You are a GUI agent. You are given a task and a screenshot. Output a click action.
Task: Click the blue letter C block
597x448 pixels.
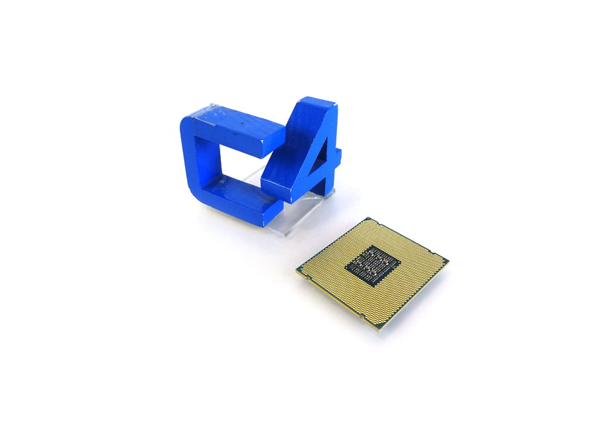[x=199, y=159]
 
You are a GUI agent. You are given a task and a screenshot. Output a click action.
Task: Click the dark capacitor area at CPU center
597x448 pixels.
[x=372, y=266]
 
